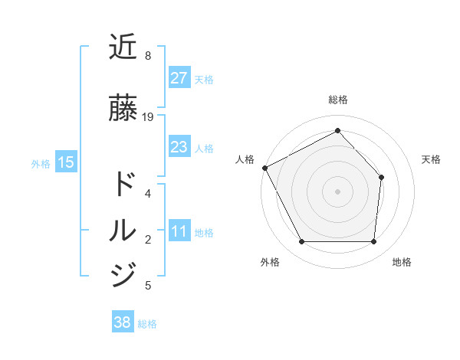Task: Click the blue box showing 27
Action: click(x=179, y=78)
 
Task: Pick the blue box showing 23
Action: click(x=179, y=147)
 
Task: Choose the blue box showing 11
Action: click(x=179, y=232)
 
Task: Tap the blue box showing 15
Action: click(x=65, y=162)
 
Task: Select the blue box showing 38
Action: click(x=122, y=322)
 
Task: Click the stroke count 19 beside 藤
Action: click(x=148, y=117)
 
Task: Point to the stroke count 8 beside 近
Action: click(x=148, y=56)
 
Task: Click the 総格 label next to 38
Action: click(x=147, y=324)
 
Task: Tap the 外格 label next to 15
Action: click(x=41, y=163)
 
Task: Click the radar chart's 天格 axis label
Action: click(x=432, y=159)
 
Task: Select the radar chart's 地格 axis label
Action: click(x=402, y=262)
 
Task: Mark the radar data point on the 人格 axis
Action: click(x=264, y=168)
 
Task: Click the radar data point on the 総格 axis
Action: click(x=337, y=130)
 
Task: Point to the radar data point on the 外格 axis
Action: click(x=301, y=242)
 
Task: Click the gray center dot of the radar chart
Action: click(x=337, y=191)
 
